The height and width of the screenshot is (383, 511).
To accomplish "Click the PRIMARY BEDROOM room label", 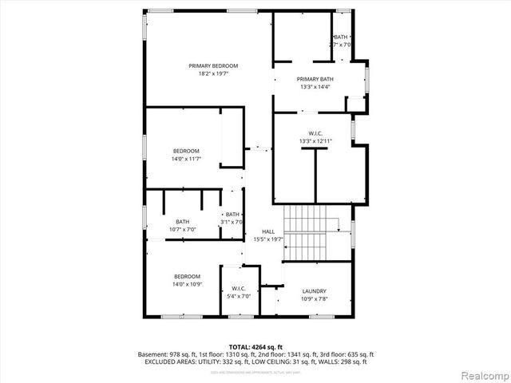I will coord(213,65).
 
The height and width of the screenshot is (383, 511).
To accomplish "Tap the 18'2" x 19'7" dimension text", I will coord(213,73).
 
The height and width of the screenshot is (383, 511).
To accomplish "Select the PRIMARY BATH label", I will coord(315,79).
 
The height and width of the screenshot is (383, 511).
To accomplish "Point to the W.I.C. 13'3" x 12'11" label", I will coord(315,137).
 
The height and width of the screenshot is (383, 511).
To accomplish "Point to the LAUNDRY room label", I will coord(315,291).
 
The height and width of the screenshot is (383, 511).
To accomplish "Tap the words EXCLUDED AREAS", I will coord(168,361).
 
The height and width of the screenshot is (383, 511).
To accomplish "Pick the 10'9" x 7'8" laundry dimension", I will coord(315,298).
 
